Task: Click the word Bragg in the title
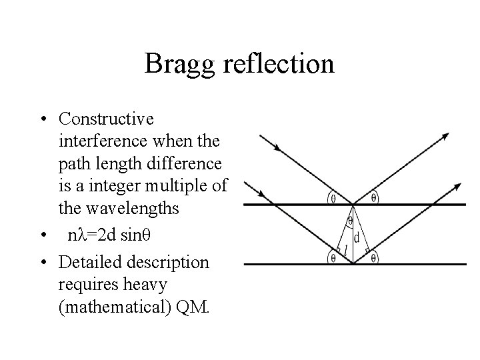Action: tap(175, 64)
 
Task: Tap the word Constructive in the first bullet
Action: tap(106, 119)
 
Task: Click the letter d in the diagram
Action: tap(357, 237)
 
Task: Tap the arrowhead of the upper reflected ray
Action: tap(445, 136)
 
